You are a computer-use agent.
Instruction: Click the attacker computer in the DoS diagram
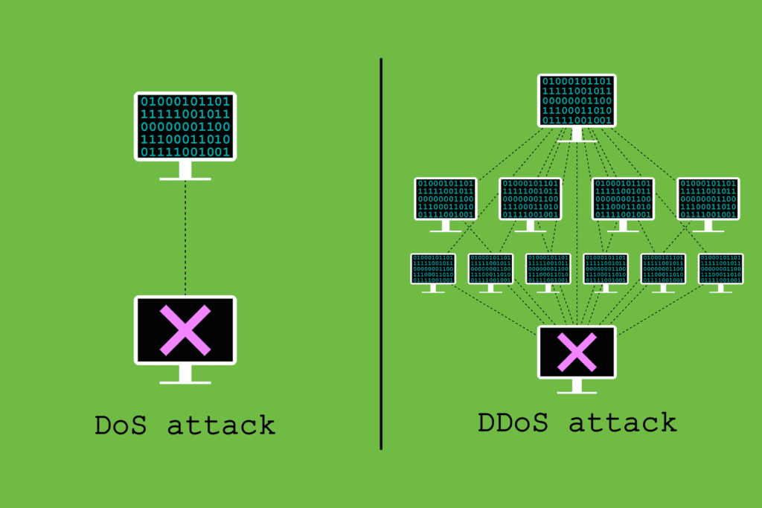[x=185, y=126]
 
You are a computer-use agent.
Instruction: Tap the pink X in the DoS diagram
[x=185, y=330]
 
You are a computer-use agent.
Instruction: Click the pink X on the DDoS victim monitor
[x=577, y=352]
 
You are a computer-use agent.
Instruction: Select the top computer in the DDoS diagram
[x=577, y=100]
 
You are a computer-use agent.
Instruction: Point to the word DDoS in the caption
[x=513, y=423]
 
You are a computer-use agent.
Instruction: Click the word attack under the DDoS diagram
[x=623, y=423]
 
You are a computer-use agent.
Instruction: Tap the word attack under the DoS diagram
[x=221, y=426]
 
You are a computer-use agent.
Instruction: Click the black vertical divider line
[x=381, y=253]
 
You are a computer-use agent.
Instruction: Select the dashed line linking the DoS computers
[x=185, y=238]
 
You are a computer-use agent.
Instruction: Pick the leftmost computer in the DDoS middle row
[x=445, y=199]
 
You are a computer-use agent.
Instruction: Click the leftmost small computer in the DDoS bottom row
[x=433, y=269]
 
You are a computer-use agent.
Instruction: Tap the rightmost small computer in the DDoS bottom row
[x=720, y=269]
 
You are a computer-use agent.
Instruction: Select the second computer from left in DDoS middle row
[x=530, y=199]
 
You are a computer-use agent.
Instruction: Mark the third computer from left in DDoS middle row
[x=623, y=199]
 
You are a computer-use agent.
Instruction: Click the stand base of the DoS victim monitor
[x=185, y=382]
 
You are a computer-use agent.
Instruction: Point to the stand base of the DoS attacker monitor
[x=185, y=179]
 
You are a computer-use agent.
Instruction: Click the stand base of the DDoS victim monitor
[x=577, y=392]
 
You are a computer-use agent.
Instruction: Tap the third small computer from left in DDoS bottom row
[x=548, y=269]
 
